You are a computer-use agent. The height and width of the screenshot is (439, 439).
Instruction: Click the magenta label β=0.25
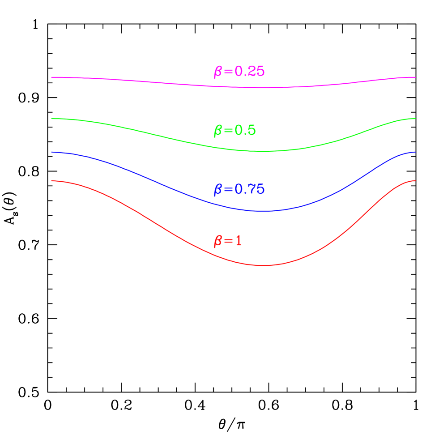click(239, 72)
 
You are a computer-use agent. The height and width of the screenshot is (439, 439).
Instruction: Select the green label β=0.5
click(234, 130)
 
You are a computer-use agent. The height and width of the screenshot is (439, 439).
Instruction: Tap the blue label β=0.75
click(239, 189)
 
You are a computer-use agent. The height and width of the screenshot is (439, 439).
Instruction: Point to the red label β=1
click(227, 241)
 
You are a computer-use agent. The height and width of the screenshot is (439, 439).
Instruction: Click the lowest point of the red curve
click(263, 265)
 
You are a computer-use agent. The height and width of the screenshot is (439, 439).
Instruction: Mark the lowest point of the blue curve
click(263, 211)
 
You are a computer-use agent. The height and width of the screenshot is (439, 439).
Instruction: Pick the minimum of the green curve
click(263, 151)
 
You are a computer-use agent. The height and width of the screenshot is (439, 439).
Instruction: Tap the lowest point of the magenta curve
click(263, 88)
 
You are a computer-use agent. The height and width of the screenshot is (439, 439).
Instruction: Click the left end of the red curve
click(51, 181)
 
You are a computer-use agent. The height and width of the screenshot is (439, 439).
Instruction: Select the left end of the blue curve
click(51, 152)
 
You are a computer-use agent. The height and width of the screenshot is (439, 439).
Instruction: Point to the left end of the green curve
click(51, 119)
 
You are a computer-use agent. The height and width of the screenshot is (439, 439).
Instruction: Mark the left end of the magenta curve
click(51, 77)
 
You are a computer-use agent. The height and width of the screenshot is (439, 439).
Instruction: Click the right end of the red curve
click(415, 181)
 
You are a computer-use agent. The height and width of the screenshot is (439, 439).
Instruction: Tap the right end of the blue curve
click(415, 152)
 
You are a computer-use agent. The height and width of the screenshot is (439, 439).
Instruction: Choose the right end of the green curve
click(415, 119)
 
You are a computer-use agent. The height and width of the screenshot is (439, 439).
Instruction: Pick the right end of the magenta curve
click(415, 77)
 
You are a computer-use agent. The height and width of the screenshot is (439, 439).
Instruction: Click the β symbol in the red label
click(217, 242)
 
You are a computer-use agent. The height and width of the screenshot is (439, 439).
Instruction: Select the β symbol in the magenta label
click(217, 72)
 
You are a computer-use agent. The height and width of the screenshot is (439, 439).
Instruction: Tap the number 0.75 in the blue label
click(250, 189)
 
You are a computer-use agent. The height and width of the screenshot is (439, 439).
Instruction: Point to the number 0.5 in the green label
click(245, 130)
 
